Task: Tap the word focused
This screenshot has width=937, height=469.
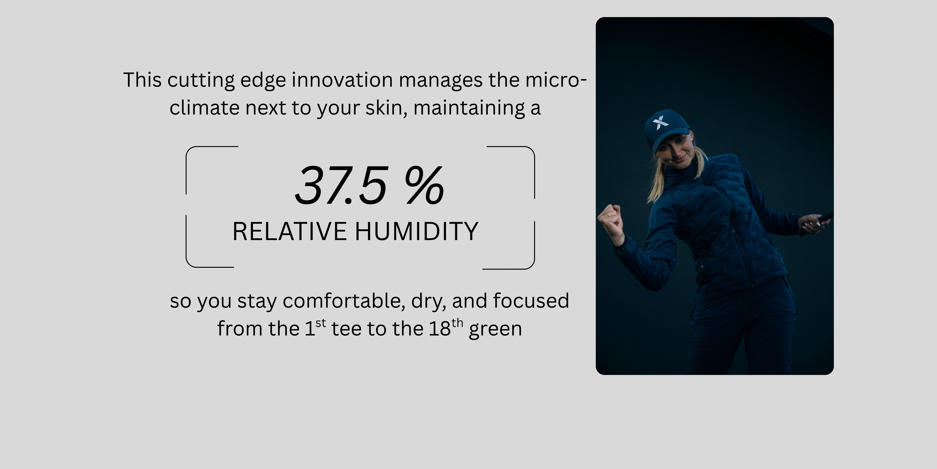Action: (x=531, y=301)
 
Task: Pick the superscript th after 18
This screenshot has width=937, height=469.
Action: (x=457, y=323)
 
